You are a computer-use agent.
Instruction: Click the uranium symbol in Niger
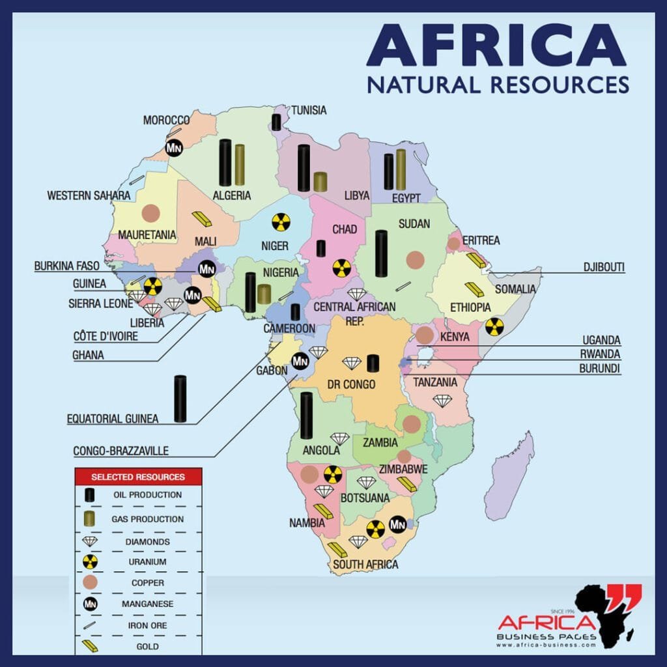pos(280,221)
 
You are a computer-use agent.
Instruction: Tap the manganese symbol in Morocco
pos(174,148)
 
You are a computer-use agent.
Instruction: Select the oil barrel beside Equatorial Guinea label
pos(180,398)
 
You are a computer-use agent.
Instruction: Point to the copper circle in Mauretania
pos(150,213)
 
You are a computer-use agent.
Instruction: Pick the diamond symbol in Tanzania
pos(442,401)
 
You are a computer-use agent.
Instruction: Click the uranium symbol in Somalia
pos(494,326)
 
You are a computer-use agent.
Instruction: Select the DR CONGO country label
pos(352,384)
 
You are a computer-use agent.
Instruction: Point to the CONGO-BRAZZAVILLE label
pos(121,450)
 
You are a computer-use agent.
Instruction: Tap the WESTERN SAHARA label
pos(88,195)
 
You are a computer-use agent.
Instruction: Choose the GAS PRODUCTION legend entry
pos(149,519)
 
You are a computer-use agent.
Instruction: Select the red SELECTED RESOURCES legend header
pos(138,476)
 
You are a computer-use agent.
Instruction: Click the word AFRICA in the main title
pos(497,46)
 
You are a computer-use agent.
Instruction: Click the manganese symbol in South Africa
pos(398,523)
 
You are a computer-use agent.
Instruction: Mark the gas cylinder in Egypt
pos(401,169)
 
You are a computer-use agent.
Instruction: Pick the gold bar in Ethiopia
pos(474,289)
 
